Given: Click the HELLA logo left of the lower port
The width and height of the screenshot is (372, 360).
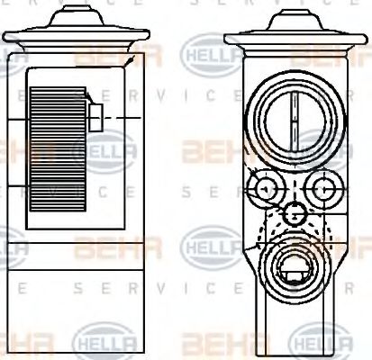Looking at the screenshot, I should click(x=209, y=244).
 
